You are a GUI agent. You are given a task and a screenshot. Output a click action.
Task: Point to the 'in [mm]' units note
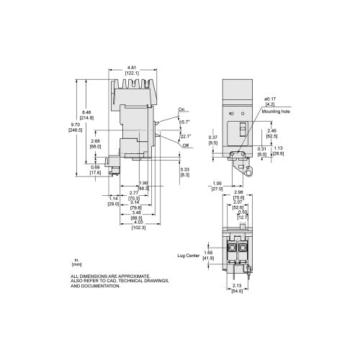[x=76, y=262]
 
